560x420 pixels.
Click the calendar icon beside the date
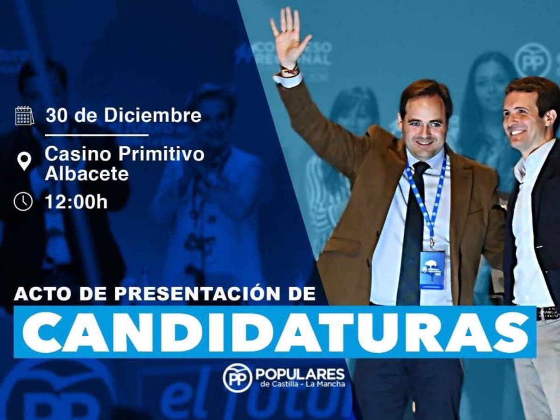coord(24,116)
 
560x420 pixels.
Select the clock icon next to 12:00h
coord(23,202)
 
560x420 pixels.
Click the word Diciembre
coord(153,115)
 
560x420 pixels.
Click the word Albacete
coord(87,174)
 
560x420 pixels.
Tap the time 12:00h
coord(76,202)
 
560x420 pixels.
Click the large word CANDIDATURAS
coord(275,332)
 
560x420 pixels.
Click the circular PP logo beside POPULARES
coord(237,378)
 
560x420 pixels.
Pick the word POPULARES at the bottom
coord(300,374)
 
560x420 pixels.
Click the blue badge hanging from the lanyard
coord(432,269)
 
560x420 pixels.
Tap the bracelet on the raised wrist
coord(290,71)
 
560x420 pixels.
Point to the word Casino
coord(78,154)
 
